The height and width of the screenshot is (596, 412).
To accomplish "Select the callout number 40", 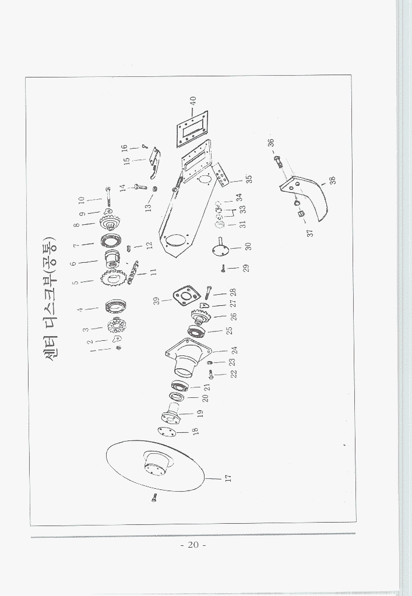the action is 193,101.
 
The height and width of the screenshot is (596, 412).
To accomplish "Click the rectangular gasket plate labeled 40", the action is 192,129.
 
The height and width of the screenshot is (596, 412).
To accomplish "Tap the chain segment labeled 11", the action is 133,271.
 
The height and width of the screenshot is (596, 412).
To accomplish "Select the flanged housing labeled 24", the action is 189,357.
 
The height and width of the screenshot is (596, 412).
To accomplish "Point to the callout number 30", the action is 248,246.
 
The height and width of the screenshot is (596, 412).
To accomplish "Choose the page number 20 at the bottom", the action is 193,545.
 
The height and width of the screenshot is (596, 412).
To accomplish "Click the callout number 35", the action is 249,178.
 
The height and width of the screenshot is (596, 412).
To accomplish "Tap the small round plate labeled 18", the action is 167,432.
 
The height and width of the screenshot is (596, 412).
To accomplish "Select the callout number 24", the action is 234,350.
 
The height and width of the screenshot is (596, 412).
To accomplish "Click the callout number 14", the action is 122,188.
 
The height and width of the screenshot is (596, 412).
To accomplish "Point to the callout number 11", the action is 153,272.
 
